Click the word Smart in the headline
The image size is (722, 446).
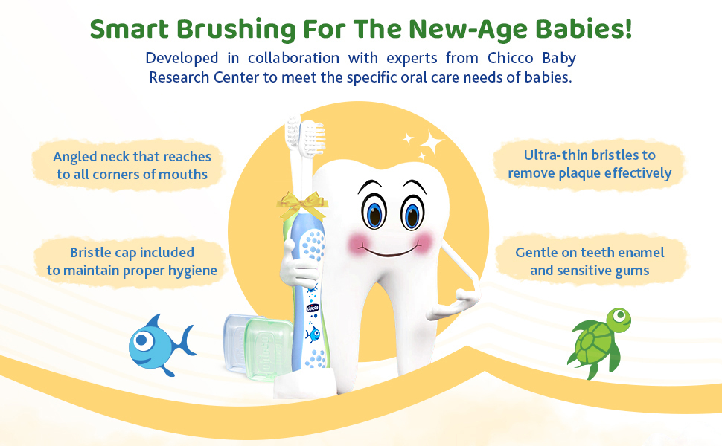point(130,29)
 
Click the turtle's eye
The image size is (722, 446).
point(620,315)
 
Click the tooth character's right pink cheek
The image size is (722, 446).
point(422,242)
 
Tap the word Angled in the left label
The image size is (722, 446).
point(74,158)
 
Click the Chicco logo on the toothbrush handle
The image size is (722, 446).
point(313,308)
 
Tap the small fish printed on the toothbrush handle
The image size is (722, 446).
point(313,334)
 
